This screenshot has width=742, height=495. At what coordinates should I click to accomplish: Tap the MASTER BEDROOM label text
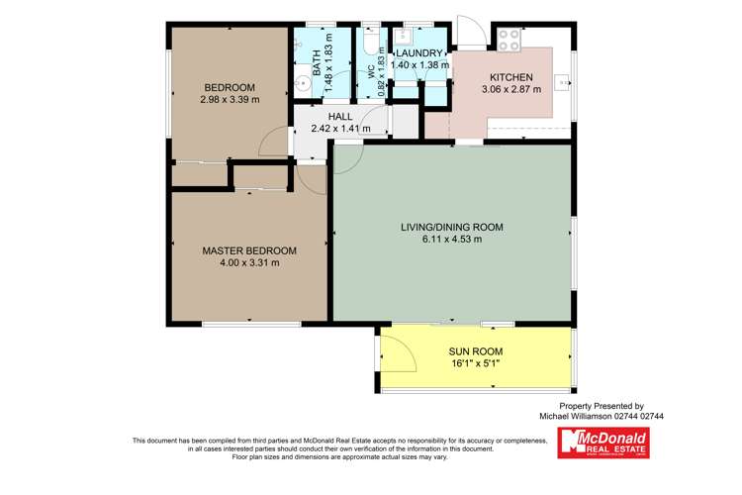pyautogui.click(x=249, y=250)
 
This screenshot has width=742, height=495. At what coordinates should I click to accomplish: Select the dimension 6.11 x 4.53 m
pyautogui.click(x=451, y=240)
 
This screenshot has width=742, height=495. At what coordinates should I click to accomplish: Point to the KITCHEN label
pyautogui.click(x=511, y=77)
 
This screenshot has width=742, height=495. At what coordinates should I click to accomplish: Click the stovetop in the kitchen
pyautogui.click(x=510, y=40)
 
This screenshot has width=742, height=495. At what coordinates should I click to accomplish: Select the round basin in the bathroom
pyautogui.click(x=300, y=85)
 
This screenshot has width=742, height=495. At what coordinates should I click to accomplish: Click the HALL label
pyautogui.click(x=339, y=116)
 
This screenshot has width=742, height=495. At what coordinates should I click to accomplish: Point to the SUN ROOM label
pyautogui.click(x=476, y=351)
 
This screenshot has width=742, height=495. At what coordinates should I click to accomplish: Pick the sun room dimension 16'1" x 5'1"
pyautogui.click(x=476, y=363)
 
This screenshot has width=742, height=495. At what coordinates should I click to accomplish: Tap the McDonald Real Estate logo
pyautogui.click(x=603, y=443)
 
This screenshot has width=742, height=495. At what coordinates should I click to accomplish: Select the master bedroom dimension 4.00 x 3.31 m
pyautogui.click(x=249, y=262)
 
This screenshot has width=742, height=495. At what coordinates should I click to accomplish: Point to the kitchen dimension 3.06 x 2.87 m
pyautogui.click(x=511, y=89)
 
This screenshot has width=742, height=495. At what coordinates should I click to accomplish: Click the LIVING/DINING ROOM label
pyautogui.click(x=451, y=228)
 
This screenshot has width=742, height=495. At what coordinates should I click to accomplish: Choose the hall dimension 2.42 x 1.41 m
pyautogui.click(x=339, y=128)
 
